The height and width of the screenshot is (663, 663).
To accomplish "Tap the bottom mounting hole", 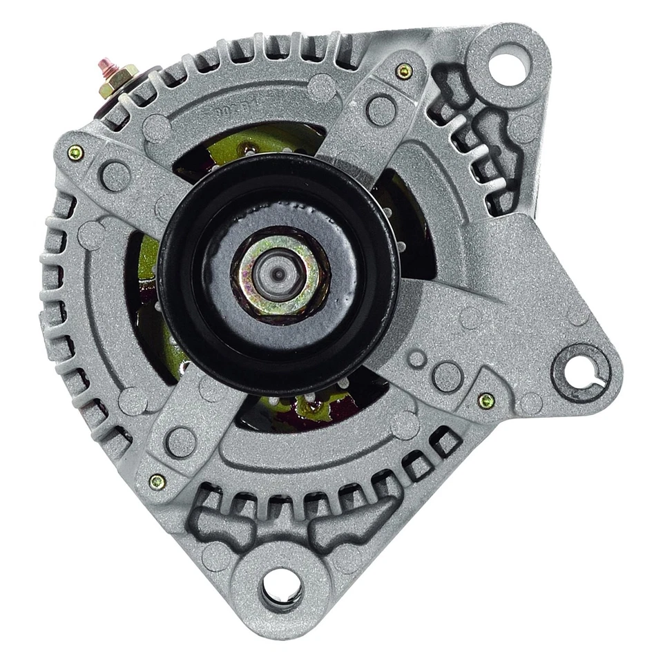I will [x=281, y=589].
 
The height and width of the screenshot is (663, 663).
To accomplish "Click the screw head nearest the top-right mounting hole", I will [x=405, y=70].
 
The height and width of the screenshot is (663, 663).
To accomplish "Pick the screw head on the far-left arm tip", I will [x=75, y=153].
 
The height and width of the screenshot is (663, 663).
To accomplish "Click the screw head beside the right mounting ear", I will [x=486, y=400].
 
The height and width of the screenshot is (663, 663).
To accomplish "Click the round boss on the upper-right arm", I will [x=381, y=110].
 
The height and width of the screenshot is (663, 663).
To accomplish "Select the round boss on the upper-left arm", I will [x=115, y=175].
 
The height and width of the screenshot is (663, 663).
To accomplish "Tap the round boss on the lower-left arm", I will [x=182, y=442].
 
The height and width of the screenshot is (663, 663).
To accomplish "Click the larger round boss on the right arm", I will [x=447, y=377].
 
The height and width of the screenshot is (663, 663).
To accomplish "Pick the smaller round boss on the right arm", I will [x=416, y=358].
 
